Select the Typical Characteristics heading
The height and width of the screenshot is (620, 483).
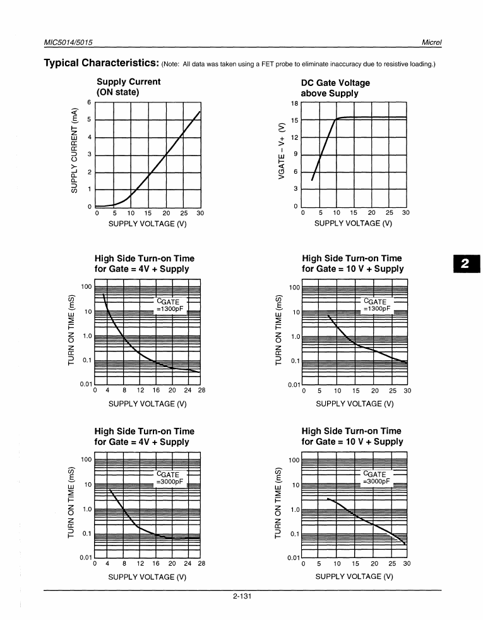[100, 63]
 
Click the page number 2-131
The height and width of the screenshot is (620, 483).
[242, 595]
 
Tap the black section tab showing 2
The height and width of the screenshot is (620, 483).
[467, 263]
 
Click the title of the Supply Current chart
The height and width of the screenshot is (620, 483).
[128, 87]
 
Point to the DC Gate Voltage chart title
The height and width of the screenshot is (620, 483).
[335, 88]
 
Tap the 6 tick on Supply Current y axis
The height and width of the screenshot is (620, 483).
[90, 102]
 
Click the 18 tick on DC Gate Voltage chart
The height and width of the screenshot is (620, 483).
[294, 103]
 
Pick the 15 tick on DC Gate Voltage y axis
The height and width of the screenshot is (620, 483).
[294, 120]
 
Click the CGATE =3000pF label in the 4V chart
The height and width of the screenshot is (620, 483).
[169, 478]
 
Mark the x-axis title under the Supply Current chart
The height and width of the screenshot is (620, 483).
[148, 223]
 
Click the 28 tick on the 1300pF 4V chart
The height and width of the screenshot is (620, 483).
[201, 391]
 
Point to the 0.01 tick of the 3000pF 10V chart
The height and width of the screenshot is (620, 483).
[292, 558]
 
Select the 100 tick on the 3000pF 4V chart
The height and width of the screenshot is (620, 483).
[86, 459]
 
